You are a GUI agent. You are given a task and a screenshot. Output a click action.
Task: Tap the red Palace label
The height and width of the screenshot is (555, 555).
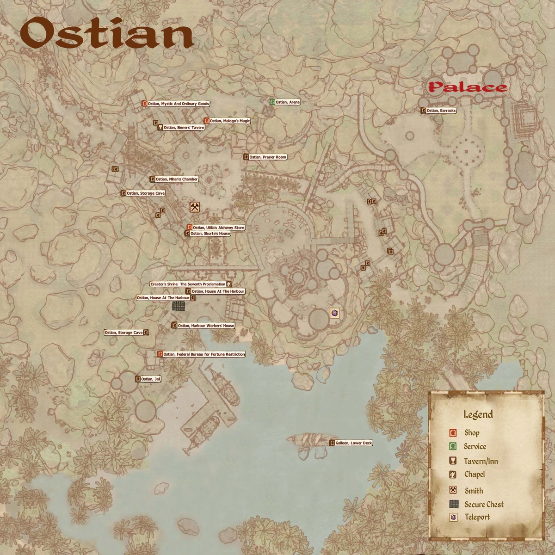click(467, 87)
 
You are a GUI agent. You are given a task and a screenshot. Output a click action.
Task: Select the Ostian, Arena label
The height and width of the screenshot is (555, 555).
click(287, 102)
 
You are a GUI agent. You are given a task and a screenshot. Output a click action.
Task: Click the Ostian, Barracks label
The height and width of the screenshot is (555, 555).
click(441, 111)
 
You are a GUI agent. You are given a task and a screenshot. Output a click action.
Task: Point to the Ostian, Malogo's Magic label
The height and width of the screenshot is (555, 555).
click(229, 121)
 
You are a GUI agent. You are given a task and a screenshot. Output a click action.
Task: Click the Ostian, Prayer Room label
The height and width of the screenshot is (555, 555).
click(268, 157)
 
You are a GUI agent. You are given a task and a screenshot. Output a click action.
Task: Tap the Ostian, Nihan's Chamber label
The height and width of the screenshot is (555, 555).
click(176, 179)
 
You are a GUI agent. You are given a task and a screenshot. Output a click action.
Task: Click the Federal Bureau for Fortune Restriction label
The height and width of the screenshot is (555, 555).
click(204, 354)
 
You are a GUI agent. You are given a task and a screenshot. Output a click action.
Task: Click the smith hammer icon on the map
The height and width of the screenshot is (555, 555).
click(194, 207)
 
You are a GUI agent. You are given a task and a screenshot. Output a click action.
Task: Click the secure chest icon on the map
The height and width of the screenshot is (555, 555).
click(179, 306)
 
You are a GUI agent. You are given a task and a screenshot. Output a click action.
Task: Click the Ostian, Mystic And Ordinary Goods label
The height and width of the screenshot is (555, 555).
click(179, 104)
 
